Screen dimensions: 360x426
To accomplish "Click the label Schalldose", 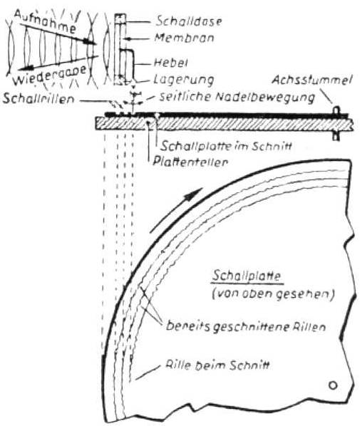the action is (189, 21).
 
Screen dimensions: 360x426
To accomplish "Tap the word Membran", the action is (184, 38).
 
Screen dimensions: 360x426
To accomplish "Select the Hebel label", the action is (171, 63).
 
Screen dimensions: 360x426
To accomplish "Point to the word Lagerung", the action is (183, 80).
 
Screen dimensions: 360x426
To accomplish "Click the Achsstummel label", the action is (312, 80).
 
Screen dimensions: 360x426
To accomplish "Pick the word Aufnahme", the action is (45, 21).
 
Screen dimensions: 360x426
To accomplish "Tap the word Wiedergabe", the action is (50, 75).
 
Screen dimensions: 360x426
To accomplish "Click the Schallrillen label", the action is (38, 98).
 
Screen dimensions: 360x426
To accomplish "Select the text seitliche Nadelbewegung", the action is (237, 98).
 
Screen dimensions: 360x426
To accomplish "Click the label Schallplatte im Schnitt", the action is (226, 146).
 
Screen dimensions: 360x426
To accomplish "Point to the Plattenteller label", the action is (190, 162).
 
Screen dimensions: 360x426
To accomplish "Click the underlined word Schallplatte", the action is (247, 276).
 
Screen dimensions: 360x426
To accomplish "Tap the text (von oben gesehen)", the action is (273, 294).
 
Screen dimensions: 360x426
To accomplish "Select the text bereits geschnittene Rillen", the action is (246, 326).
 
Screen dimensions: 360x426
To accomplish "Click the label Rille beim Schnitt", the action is (217, 365).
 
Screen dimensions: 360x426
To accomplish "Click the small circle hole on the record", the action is (333, 385).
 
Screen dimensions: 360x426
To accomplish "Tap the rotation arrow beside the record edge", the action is (176, 210).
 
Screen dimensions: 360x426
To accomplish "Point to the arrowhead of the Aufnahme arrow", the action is (91, 41).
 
